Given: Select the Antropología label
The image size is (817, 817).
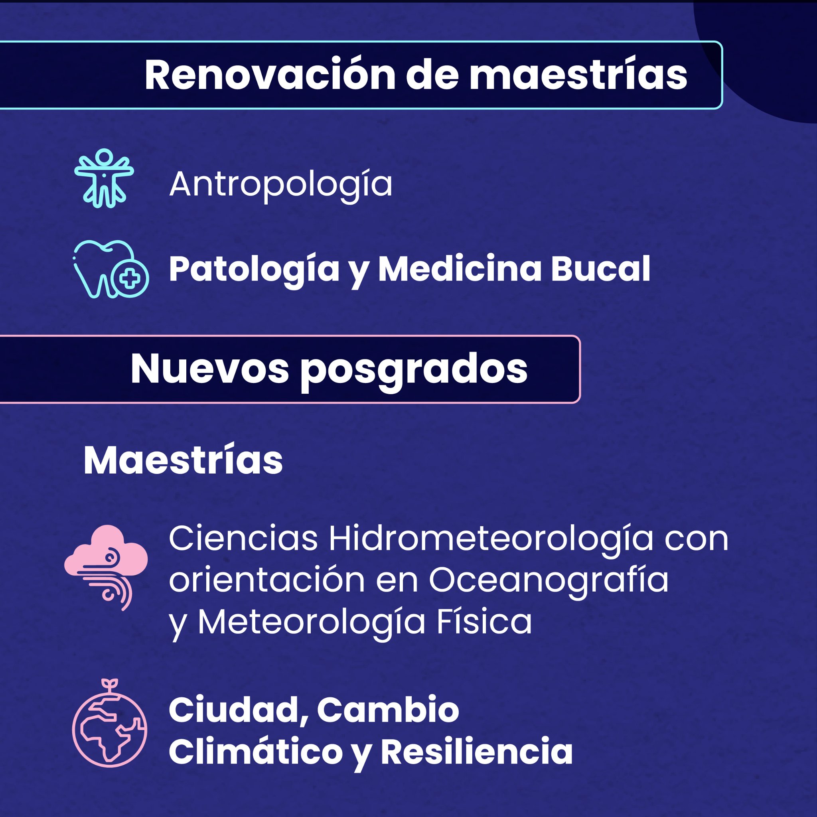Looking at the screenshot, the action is pyautogui.click(x=281, y=185).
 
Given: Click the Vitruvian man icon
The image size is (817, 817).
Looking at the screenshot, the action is pyautogui.click(x=104, y=178).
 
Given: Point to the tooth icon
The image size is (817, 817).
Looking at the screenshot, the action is pyautogui.click(x=111, y=269).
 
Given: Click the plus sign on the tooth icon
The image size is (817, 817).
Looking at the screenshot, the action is pyautogui.click(x=129, y=279).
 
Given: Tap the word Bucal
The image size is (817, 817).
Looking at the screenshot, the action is pyautogui.click(x=600, y=269).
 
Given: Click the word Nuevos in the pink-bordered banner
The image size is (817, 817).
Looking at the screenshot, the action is pyautogui.click(x=209, y=369).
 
